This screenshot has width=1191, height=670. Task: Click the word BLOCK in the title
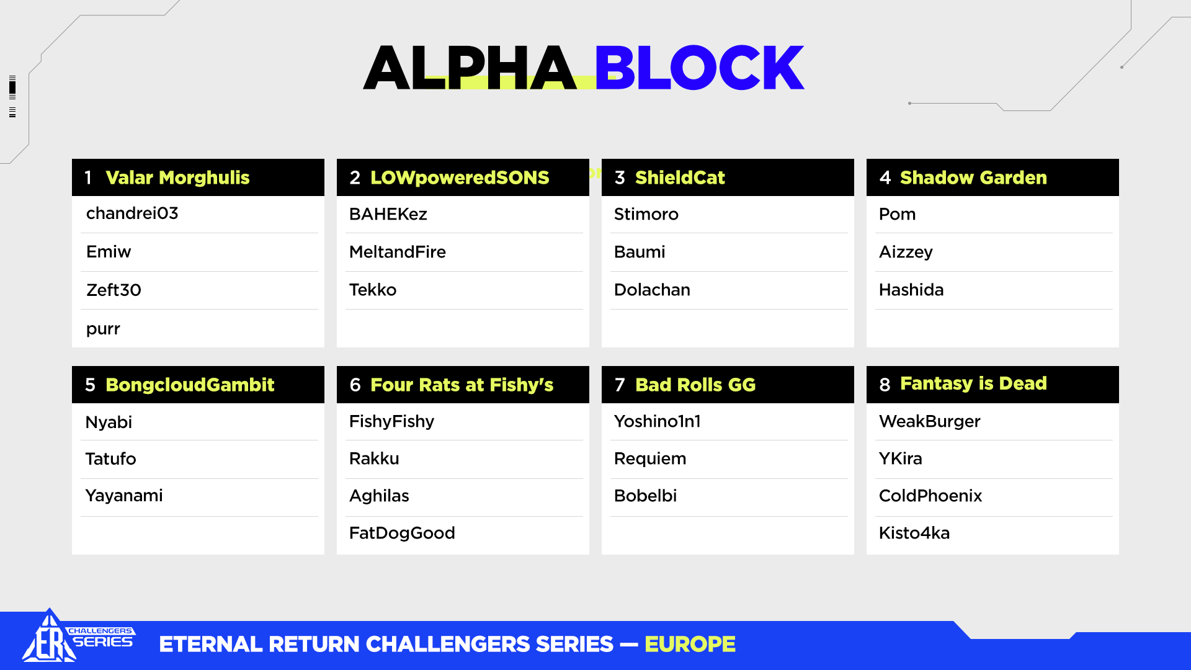(x=699, y=67)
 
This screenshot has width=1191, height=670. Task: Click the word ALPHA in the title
(x=470, y=67)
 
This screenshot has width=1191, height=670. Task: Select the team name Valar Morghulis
(x=177, y=178)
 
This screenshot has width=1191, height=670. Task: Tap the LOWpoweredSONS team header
(x=460, y=178)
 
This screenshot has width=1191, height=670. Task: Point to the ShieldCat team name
(x=680, y=178)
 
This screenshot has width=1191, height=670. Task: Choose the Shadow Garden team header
(x=973, y=178)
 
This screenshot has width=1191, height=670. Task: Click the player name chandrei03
(x=132, y=213)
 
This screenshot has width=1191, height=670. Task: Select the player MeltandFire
(x=398, y=252)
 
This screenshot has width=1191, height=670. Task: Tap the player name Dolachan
(x=652, y=290)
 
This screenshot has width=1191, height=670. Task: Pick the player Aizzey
(x=906, y=252)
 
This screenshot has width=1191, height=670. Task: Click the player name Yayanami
(x=124, y=496)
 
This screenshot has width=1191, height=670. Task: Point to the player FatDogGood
(x=402, y=534)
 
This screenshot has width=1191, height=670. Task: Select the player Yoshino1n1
(x=658, y=422)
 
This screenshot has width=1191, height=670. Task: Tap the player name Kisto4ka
(x=914, y=534)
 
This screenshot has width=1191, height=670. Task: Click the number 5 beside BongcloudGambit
(x=90, y=385)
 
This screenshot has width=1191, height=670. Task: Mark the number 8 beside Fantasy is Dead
(x=885, y=385)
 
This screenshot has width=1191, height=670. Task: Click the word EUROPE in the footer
(x=690, y=645)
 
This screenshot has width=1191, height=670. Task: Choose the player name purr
(x=103, y=329)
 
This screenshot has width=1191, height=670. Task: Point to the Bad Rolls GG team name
(x=695, y=385)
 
